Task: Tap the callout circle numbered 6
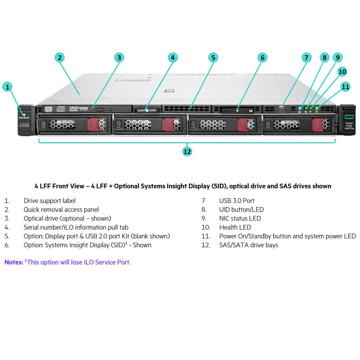point(262,58)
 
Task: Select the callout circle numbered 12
point(187,152)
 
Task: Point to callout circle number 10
point(342,71)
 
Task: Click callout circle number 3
point(119,58)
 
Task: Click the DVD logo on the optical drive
point(74,108)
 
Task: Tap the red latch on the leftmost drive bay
point(93,125)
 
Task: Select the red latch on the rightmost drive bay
point(319,125)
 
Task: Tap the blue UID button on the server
point(300,108)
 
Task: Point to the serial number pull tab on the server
point(147,109)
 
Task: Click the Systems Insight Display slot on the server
point(237,109)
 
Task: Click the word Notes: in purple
point(14,262)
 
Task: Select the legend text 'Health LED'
point(235,227)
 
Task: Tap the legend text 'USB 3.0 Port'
point(237,201)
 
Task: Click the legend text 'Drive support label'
point(49,201)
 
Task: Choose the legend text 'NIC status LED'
point(240,218)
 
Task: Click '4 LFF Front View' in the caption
point(59,186)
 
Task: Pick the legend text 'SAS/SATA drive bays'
point(249,245)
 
